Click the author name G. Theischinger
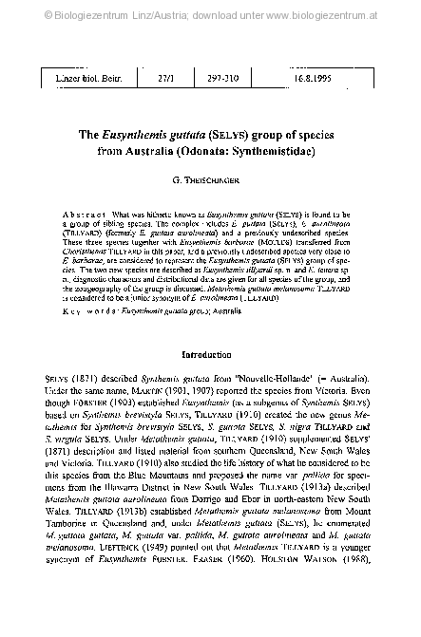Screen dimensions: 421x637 pos(210,179)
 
